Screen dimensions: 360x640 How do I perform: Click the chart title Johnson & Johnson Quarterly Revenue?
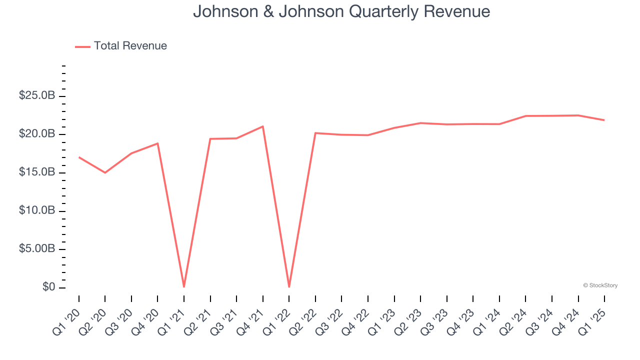point(341,11)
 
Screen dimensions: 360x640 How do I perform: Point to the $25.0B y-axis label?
point(37,95)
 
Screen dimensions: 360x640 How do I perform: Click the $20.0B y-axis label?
point(37,134)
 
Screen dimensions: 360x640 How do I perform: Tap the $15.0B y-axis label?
point(37,172)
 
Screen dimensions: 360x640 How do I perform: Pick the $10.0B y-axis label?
point(37,210)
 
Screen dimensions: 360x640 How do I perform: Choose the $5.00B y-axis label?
point(37,249)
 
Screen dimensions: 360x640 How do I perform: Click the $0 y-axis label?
point(48,287)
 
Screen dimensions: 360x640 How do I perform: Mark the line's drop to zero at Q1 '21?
point(184,286)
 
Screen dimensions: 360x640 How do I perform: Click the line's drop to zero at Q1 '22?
point(289,286)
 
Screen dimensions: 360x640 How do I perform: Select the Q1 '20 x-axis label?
point(65,321)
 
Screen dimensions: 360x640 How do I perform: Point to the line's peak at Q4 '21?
point(263,126)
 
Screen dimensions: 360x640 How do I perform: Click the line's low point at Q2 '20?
point(105,172)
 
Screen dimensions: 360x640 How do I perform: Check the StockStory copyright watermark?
point(600,285)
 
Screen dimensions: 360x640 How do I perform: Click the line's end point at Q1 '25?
point(604,120)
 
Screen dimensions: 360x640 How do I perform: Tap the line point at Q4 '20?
point(158,143)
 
